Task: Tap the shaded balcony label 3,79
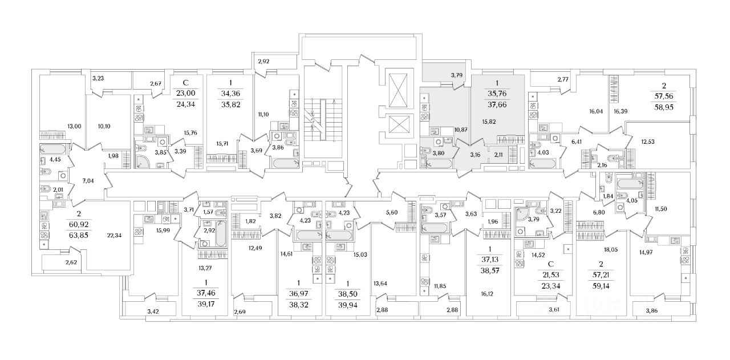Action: point(456,75)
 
